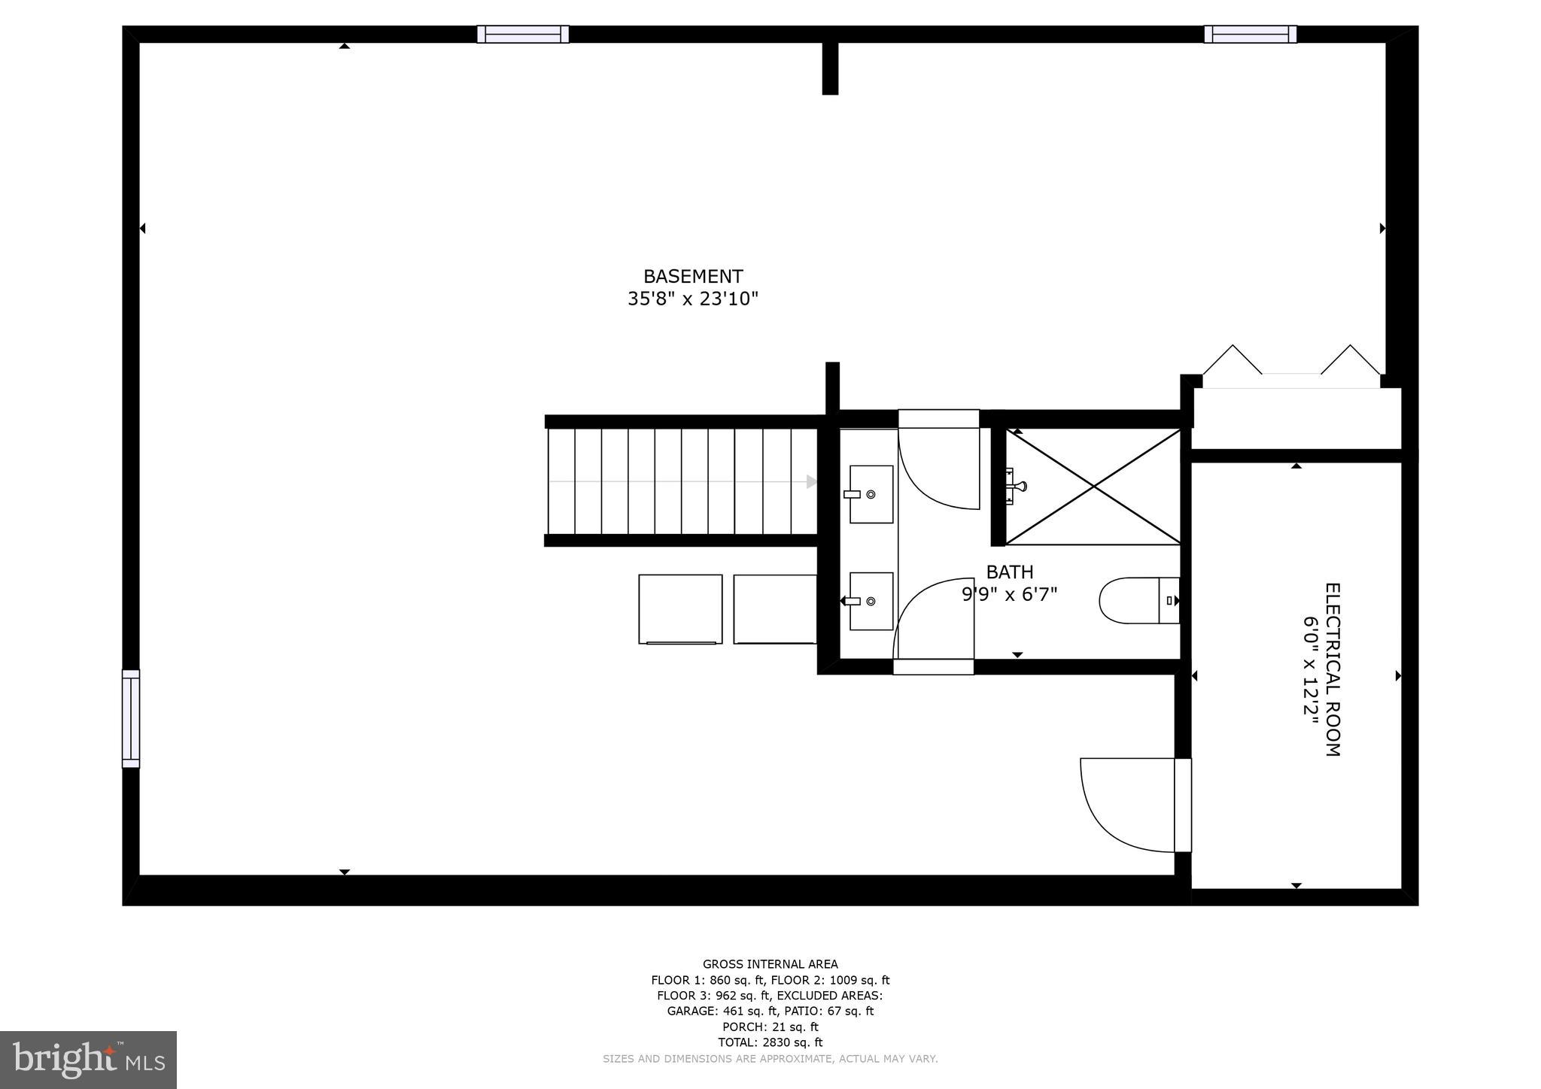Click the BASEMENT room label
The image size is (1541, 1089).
(692, 277)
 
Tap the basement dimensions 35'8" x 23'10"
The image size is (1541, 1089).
(692, 299)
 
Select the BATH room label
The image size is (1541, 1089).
(1009, 572)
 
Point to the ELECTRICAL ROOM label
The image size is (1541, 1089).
(1332, 669)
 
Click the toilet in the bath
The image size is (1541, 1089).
(1138, 600)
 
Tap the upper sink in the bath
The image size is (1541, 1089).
(871, 494)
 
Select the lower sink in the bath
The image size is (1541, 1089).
(871, 601)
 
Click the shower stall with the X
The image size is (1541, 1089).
(1093, 487)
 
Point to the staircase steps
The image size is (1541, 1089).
(681, 481)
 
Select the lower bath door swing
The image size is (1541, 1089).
(934, 618)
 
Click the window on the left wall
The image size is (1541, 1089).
(131, 718)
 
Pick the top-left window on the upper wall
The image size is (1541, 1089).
(523, 35)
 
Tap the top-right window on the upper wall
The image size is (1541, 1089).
(1250, 35)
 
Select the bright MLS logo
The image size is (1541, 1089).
(89, 1060)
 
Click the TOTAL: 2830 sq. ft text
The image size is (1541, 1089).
(770, 1042)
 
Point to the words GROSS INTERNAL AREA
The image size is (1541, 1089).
(770, 964)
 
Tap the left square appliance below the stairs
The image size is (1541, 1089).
(680, 609)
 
